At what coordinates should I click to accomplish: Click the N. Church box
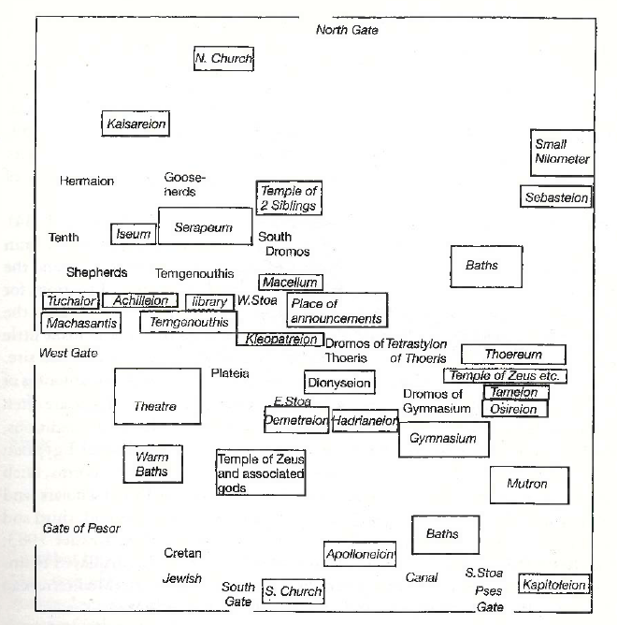pyautogui.click(x=223, y=59)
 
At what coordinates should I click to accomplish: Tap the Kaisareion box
pyautogui.click(x=136, y=124)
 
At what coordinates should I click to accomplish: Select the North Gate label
pyautogui.click(x=347, y=30)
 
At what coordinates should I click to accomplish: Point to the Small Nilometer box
pyautogui.click(x=562, y=152)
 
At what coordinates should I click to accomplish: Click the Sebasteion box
pyautogui.click(x=556, y=197)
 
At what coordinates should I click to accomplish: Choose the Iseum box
pyautogui.click(x=133, y=234)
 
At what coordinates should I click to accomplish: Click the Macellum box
pyautogui.click(x=290, y=282)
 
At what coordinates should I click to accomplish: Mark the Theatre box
pyautogui.click(x=157, y=405)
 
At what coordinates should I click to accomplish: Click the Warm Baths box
pyautogui.click(x=151, y=464)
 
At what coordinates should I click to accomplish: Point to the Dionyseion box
pyautogui.click(x=339, y=382)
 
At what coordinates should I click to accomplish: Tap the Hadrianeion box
pyautogui.click(x=366, y=422)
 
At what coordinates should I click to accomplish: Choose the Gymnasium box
pyautogui.click(x=444, y=439)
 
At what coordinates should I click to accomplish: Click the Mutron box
pyautogui.click(x=526, y=484)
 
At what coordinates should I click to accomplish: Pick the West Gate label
pyautogui.click(x=68, y=353)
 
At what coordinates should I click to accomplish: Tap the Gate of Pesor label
pyautogui.click(x=81, y=529)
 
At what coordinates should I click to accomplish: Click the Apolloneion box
pyautogui.click(x=360, y=554)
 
